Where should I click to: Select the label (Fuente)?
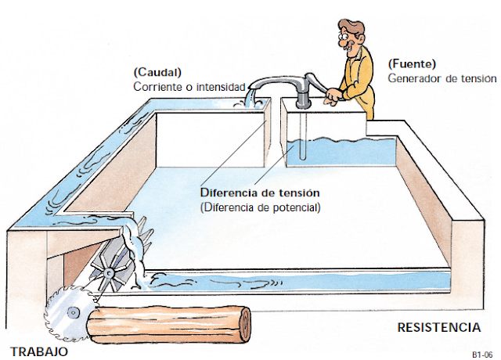412,63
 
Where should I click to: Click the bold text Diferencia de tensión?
261,193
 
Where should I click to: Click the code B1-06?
481,354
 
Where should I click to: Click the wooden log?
168,323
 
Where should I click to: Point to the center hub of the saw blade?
72,312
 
